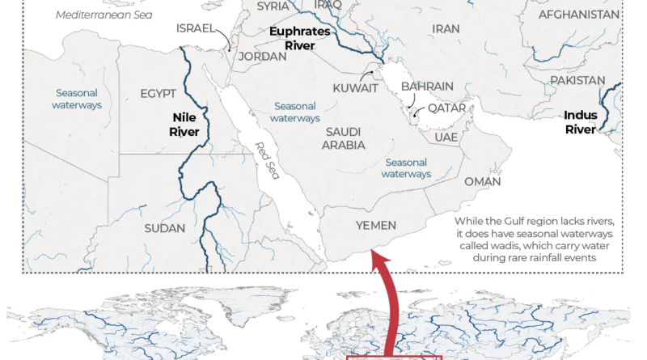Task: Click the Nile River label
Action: point(184,124)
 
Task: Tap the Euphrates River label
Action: point(300,39)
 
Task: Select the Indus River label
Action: point(580,122)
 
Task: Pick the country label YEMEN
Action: point(376,226)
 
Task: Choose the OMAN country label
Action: point(483,182)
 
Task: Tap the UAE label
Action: point(446,138)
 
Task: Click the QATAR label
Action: point(446,108)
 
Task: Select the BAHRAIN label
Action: point(427,87)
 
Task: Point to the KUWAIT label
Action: point(356,88)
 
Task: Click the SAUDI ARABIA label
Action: point(344,138)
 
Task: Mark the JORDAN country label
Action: point(262,57)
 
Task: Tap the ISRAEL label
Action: point(195,28)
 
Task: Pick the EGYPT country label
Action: point(158,94)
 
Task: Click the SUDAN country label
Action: point(164,228)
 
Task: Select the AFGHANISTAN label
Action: point(579,15)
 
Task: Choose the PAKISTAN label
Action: point(577,81)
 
